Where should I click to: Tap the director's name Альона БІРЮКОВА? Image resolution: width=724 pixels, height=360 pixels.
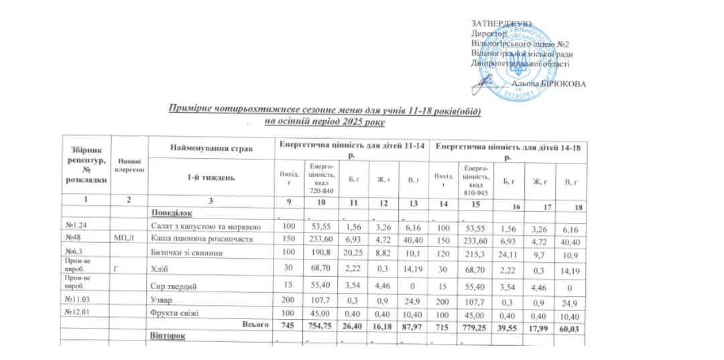548,84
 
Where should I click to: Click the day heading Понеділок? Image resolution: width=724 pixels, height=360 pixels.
172,213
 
